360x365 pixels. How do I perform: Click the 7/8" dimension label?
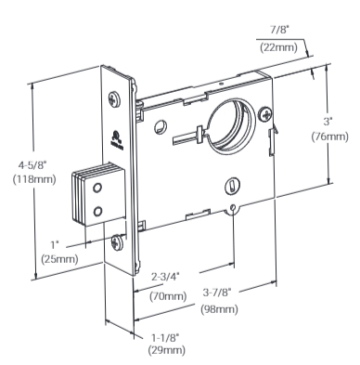click(279, 30)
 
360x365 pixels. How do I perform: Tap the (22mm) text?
click(278, 47)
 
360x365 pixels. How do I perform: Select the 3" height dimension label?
click(328, 122)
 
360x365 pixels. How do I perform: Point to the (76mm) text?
click(329, 137)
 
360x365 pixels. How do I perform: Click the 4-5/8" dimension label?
click(34, 165)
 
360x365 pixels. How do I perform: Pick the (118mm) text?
click(34, 179)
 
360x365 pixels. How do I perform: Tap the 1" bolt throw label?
click(55, 245)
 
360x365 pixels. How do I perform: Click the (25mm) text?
click(59, 259)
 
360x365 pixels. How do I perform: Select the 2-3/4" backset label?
click(165, 276)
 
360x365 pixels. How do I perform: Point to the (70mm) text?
click(168, 296)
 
